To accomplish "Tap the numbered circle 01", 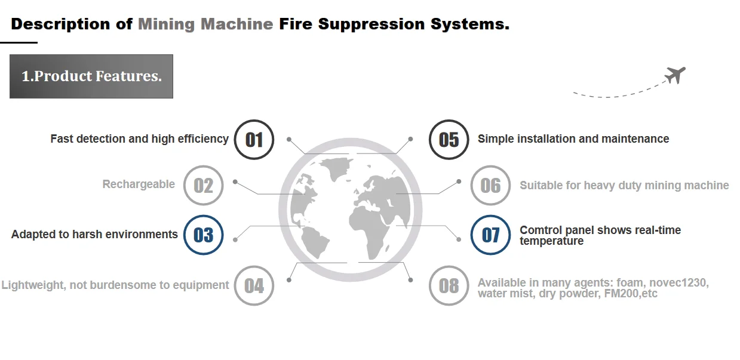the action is click(x=254, y=140).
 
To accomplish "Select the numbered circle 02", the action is click(x=203, y=185).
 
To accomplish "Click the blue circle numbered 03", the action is click(x=203, y=235).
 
